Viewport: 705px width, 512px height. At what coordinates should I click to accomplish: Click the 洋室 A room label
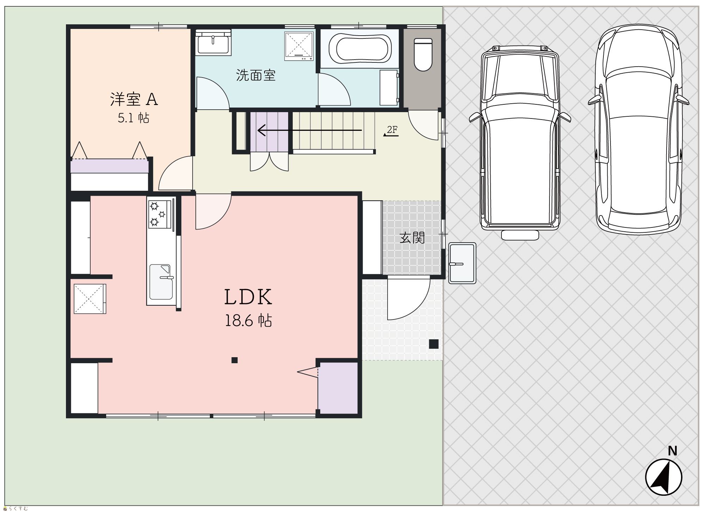click(134, 99)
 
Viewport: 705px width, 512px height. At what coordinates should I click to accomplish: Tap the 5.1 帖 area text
click(133, 118)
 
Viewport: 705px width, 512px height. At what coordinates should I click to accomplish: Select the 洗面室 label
click(256, 75)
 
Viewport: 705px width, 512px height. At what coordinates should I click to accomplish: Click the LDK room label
click(248, 297)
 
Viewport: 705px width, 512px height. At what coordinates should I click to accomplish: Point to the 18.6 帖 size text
click(248, 321)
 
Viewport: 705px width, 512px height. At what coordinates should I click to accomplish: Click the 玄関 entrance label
click(412, 238)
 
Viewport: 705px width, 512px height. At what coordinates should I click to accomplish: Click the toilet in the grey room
click(423, 55)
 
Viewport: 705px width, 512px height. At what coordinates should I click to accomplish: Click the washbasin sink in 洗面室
click(213, 42)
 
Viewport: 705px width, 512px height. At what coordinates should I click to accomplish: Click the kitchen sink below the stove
click(160, 281)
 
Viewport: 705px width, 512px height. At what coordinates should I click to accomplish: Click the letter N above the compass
click(673, 451)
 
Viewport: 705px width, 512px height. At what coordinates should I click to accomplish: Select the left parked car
click(520, 143)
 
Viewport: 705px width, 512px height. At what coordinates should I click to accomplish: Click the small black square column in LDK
click(235, 360)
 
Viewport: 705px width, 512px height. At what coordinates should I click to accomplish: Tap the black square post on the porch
click(434, 344)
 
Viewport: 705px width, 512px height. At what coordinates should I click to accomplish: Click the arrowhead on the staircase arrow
click(261, 130)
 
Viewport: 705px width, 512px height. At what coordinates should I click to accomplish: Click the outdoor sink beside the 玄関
click(462, 263)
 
